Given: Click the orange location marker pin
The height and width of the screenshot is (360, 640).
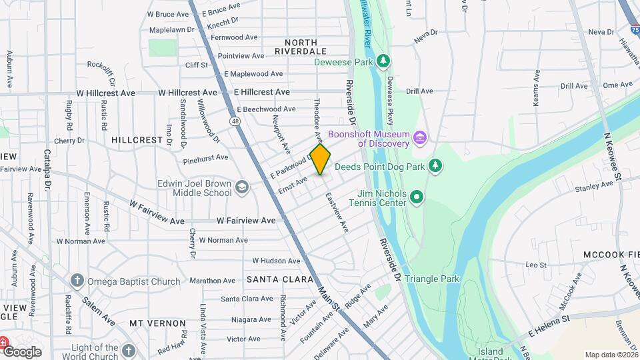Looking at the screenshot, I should click(321, 159).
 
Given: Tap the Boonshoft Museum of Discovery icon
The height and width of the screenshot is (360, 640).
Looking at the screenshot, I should click(420, 139).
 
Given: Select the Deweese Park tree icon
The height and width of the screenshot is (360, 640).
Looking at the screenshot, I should click(383, 62).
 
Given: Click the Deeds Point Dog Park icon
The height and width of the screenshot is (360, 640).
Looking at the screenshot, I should click(435, 165).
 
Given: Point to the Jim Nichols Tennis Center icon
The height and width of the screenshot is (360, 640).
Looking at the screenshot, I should click(417, 197).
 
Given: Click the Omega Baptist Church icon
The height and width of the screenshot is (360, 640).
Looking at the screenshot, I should click(77, 281).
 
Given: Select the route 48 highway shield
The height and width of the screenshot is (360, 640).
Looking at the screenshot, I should click(235, 121).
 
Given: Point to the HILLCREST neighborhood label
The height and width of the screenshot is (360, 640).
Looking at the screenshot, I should click(137, 141).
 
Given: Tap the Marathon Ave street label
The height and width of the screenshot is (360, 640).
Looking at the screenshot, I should click(212, 281).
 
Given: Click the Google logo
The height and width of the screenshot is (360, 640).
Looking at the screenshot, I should click(21, 352).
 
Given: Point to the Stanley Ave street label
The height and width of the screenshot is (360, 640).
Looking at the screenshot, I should click(593, 189).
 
